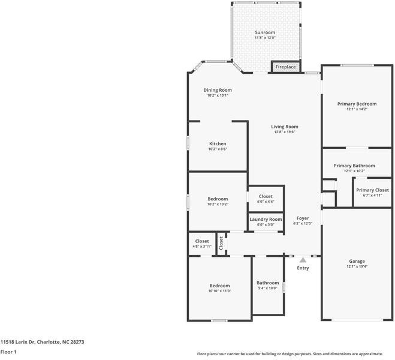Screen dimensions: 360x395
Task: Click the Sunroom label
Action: tap(265, 32)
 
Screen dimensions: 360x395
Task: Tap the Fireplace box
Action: tap(285, 67)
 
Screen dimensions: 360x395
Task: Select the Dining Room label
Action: tap(217, 90)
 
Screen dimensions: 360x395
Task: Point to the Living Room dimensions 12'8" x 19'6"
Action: tap(284, 132)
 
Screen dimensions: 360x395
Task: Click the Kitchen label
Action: tap(218, 144)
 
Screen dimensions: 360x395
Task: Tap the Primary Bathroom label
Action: tap(354, 166)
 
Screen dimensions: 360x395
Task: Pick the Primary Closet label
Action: tap(372, 190)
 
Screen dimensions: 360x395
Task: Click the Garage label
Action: tap(357, 261)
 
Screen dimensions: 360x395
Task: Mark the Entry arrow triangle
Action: tap(303, 260)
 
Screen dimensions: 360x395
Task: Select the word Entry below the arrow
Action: tap(303, 268)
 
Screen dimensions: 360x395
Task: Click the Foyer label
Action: tap(303, 218)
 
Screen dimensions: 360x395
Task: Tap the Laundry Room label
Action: tap(266, 220)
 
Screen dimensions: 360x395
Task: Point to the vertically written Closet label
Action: tap(221, 243)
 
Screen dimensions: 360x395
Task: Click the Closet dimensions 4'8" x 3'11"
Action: tap(202, 246)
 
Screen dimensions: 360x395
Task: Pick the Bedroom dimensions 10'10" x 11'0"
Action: tap(219, 291)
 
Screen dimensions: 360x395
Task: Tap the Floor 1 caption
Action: tap(8, 352)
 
